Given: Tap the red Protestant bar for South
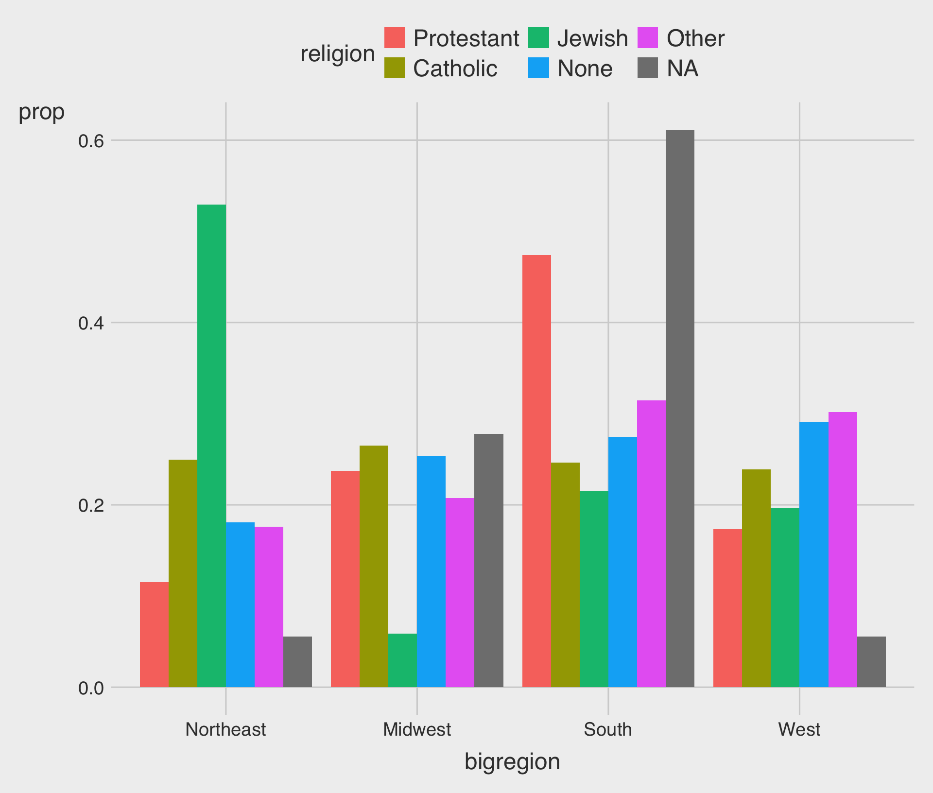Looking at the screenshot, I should (x=536, y=471).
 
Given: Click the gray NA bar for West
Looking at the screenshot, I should (x=871, y=661).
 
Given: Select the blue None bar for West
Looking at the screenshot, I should (x=814, y=554).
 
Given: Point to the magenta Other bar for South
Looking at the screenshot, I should (x=651, y=544).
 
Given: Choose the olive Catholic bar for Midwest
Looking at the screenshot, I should (x=374, y=566).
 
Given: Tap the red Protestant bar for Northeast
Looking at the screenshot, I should (x=154, y=634).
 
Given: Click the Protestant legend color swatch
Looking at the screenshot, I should (x=395, y=38).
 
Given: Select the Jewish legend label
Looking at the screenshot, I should (x=592, y=38).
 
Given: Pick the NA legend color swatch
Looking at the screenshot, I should (x=648, y=68).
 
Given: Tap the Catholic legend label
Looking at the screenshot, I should (x=455, y=69).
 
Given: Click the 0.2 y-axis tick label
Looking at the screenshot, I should (x=91, y=505).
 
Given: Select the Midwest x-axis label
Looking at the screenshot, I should (x=417, y=729).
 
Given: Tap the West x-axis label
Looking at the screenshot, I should (x=799, y=729).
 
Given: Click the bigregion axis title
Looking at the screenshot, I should (x=512, y=761).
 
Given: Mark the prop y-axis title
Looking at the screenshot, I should (x=41, y=112).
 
